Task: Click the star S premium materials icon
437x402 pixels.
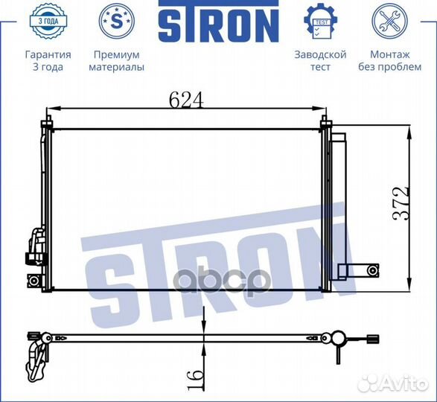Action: coord(115,22)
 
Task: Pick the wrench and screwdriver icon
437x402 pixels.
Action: coord(389,22)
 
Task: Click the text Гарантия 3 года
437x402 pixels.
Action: coord(48,61)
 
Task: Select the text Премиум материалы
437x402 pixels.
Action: coord(116,61)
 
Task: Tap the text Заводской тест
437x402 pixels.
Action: coord(320,61)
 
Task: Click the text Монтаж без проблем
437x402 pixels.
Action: coord(390,61)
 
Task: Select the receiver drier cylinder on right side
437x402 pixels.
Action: coord(339,201)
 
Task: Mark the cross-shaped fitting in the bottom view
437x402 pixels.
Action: coord(336,341)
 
